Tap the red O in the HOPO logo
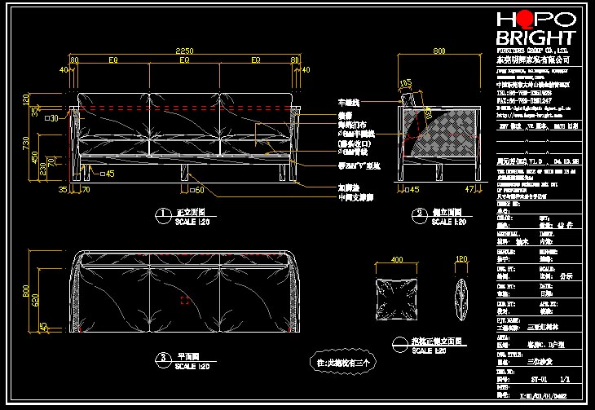526,20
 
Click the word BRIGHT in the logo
535,37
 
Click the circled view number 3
162,357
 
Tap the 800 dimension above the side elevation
440,51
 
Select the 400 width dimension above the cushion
397,260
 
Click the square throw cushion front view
397,299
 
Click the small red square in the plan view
185,300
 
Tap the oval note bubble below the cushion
343,360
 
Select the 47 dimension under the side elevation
469,189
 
